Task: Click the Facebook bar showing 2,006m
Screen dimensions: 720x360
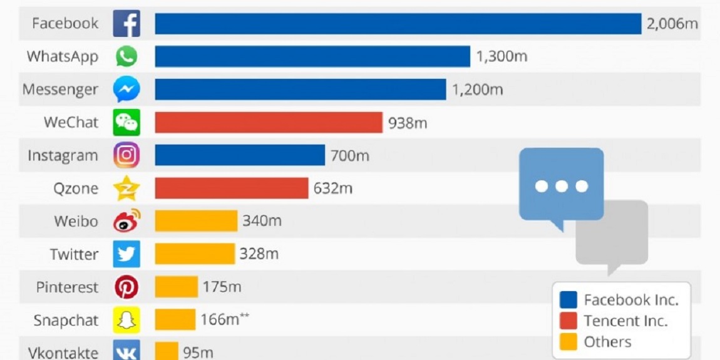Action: [x=398, y=23]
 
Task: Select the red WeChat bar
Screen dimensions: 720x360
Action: [x=269, y=122]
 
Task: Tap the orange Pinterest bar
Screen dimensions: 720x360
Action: [x=177, y=287]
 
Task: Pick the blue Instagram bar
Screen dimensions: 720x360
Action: [x=240, y=155]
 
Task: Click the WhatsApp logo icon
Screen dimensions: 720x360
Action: [x=126, y=56]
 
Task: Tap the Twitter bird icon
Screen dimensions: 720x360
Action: [x=126, y=254]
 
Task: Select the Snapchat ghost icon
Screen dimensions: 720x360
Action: [x=126, y=320]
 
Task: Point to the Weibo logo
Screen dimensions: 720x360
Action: [x=126, y=221]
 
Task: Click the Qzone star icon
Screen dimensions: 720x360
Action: [x=126, y=188]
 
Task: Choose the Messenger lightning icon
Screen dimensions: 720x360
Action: [x=126, y=89]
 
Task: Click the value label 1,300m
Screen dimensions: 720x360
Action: [x=501, y=56]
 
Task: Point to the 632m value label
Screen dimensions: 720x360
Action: [x=333, y=188]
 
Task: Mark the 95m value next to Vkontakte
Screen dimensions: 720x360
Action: [x=198, y=352]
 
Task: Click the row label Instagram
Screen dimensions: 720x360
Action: [x=63, y=155]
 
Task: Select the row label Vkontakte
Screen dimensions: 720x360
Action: [x=63, y=352]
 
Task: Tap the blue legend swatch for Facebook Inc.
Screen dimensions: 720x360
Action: [x=568, y=300]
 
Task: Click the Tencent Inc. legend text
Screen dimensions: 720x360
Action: [x=625, y=321]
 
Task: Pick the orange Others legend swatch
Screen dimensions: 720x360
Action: [x=568, y=342]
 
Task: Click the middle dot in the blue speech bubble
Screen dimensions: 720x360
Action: [x=562, y=186]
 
